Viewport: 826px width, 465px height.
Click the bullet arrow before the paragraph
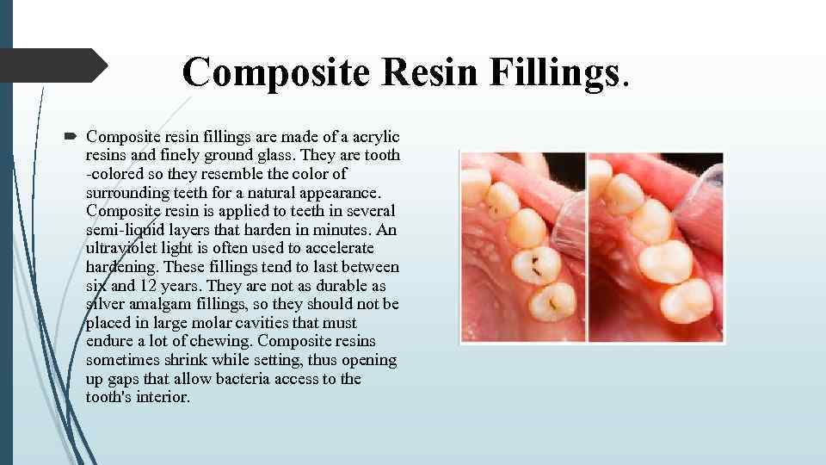pos(71,136)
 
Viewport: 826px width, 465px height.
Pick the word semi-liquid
pos(130,230)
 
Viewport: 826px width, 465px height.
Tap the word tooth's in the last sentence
pos(112,397)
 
